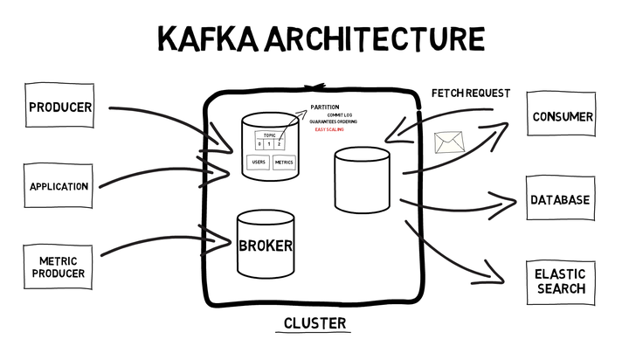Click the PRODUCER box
pos(60,108)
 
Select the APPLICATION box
pos(59,186)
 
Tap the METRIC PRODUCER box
pos(60,267)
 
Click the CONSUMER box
pos(563,117)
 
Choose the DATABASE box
pos(560,200)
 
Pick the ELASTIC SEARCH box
pos(560,281)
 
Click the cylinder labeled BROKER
pos(265,246)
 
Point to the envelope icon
pos(448,142)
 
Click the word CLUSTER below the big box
pos(314,323)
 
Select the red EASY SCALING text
pos(329,129)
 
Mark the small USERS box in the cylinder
pos(258,163)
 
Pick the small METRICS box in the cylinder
pos(284,163)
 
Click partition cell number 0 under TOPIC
pos(259,143)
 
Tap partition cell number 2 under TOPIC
pos(280,143)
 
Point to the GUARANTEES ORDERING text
pos(333,121)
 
